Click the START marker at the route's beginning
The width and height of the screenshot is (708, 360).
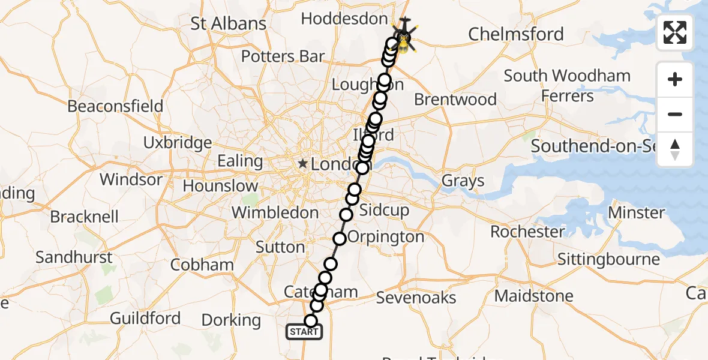[304, 332]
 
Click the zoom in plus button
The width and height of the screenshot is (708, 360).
[675, 79]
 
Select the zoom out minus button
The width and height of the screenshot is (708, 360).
[675, 114]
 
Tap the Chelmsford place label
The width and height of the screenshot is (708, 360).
[516, 34]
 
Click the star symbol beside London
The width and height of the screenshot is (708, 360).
[304, 163]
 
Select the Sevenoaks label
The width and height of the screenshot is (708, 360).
[416, 298]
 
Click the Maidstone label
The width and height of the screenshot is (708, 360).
[533, 296]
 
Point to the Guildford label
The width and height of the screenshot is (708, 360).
[145, 318]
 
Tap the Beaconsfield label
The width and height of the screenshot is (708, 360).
[115, 106]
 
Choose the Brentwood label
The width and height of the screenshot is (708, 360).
[455, 99]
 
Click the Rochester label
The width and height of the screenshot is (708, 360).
[527, 232]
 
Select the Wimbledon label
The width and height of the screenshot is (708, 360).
[275, 212]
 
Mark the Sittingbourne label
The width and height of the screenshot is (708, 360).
[608, 259]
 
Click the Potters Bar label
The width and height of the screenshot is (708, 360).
[283, 57]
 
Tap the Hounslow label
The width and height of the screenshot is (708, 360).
[220, 186]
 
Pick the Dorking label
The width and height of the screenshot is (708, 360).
[231, 320]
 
